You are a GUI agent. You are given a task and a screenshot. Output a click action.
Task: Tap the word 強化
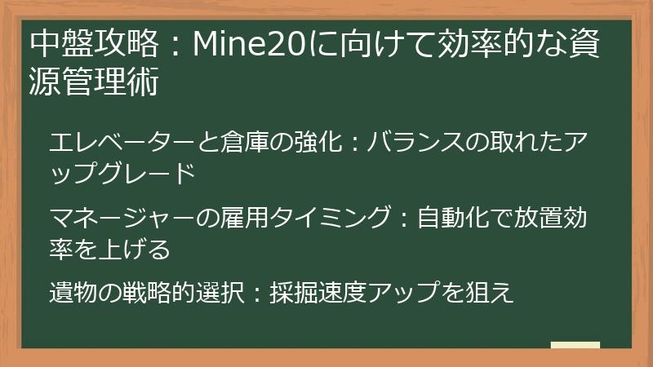coord(311,143)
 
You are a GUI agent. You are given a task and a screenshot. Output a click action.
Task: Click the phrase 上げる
coord(133,249)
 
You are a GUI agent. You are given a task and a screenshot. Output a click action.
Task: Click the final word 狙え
coord(492,293)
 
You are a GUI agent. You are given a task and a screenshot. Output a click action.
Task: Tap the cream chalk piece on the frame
coord(575,345)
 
